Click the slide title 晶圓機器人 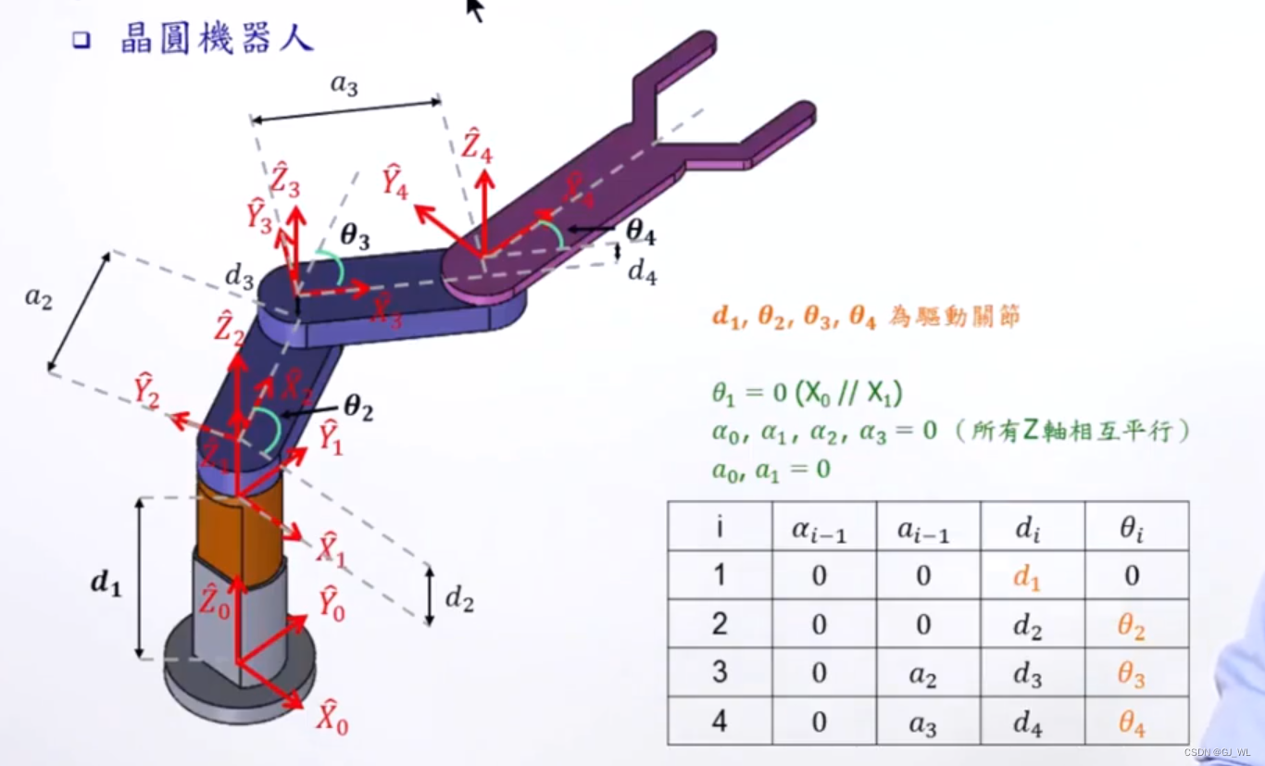[x=217, y=39]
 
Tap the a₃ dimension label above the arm [x=344, y=86]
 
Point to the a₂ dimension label [x=38, y=298]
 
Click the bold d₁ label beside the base [x=106, y=584]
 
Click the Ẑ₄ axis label [x=478, y=149]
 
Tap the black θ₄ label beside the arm [x=640, y=232]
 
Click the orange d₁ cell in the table [x=1027, y=576]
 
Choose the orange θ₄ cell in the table [x=1132, y=722]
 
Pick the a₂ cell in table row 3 [x=922, y=674]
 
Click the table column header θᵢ [x=1132, y=528]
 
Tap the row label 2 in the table [x=720, y=625]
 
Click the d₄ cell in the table [x=1027, y=722]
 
